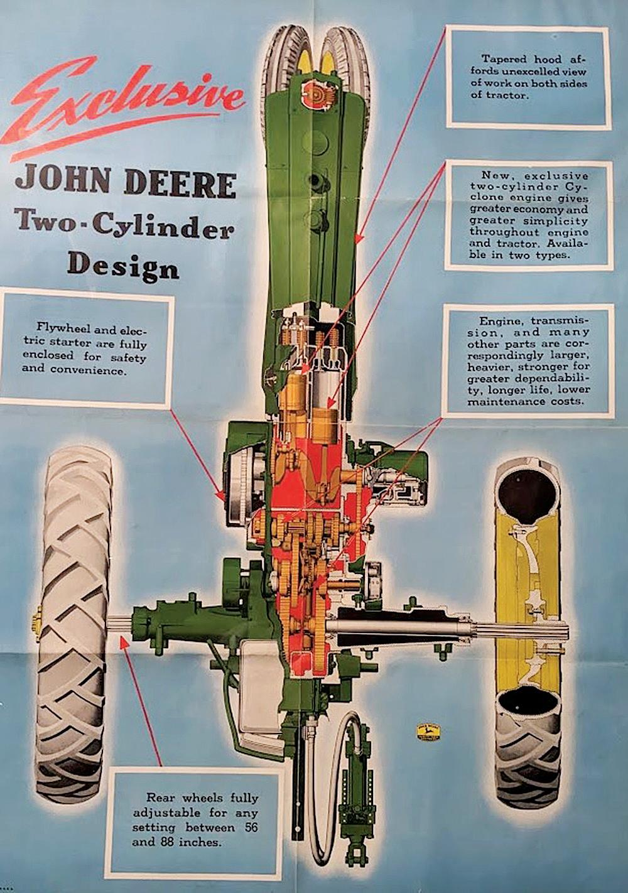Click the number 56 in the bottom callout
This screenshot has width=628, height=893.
coord(251,828)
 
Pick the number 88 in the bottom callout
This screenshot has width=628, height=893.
coord(170,842)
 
